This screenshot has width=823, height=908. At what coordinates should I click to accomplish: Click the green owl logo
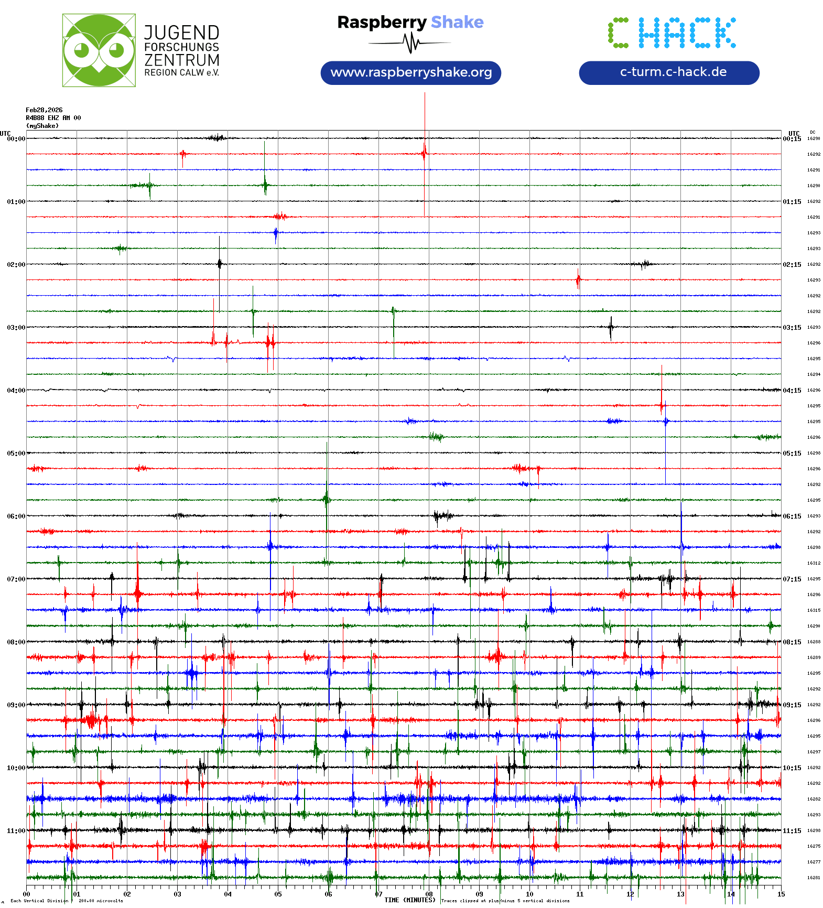point(99,50)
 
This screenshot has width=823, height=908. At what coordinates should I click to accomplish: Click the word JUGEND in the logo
point(181,33)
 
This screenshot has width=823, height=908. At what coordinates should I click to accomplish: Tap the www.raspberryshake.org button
point(411,72)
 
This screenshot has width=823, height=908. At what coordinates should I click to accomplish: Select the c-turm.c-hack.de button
point(669,72)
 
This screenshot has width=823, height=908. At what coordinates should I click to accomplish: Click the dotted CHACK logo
point(672,33)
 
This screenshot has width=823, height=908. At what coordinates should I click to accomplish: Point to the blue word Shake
point(457,22)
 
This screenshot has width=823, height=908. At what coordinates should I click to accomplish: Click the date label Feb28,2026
point(44,110)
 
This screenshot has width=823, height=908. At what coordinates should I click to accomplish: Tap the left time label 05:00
point(16,453)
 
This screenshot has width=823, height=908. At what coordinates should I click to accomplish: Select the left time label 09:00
point(16,705)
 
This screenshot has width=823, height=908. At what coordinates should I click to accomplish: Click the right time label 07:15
point(792,579)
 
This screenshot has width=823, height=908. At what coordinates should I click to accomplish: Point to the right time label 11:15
point(792,831)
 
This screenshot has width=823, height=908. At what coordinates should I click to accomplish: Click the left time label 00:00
point(16,139)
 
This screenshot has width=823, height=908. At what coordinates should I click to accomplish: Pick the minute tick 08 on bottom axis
point(429,894)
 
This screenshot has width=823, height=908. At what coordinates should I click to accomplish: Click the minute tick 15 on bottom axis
point(781,894)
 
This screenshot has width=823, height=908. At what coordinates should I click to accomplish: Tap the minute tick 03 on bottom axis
point(177,894)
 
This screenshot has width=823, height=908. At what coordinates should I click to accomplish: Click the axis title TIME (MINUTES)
point(410,900)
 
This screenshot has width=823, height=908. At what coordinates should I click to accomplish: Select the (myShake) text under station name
point(42,126)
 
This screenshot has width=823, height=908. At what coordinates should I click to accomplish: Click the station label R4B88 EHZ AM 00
point(53,118)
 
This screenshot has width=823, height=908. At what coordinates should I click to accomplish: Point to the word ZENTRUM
point(182,60)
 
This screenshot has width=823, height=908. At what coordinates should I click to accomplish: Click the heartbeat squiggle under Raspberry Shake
point(412,43)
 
